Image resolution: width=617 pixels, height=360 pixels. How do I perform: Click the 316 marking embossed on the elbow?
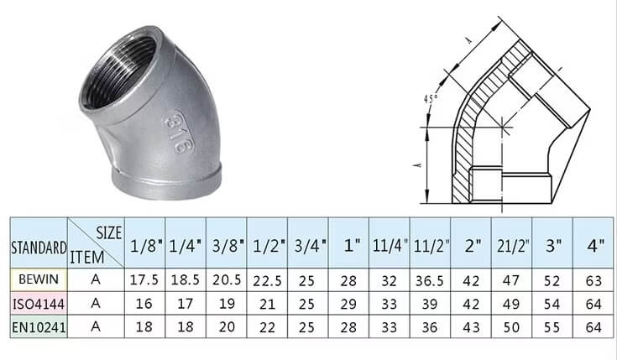177,132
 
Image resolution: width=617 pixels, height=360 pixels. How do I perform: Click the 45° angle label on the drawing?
430,98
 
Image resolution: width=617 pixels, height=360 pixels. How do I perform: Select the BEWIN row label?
39,279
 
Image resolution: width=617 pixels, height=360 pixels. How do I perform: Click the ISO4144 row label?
39,304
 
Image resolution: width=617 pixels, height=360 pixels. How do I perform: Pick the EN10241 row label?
39,327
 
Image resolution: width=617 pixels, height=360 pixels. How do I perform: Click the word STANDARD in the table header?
39,248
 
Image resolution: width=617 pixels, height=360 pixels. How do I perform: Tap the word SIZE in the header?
109,233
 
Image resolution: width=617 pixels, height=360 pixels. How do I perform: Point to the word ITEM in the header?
87,258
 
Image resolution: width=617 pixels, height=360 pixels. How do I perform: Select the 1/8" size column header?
146,247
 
